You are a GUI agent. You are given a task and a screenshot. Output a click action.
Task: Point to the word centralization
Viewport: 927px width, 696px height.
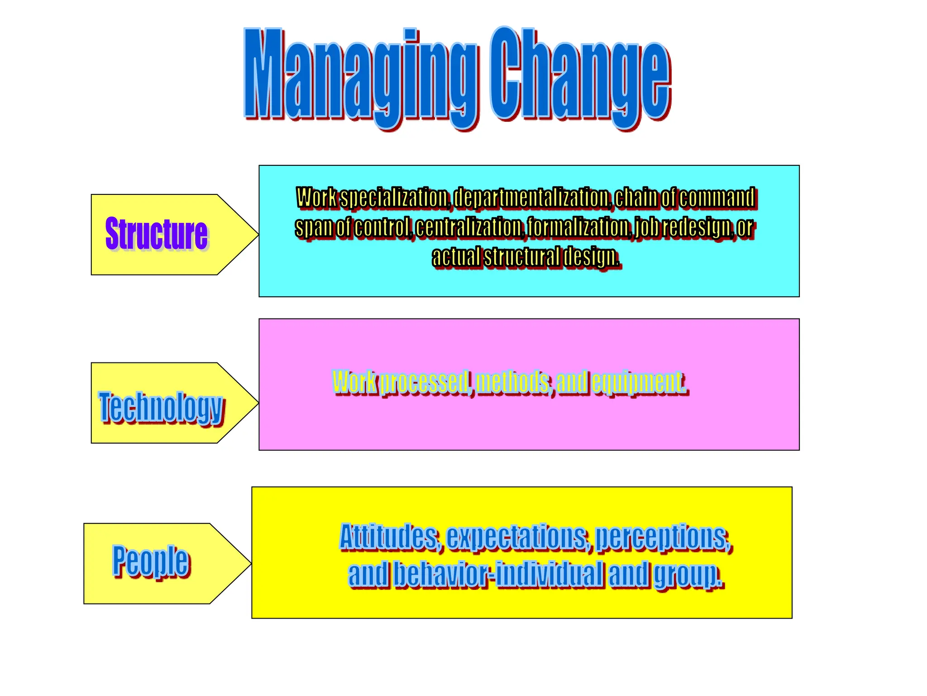point(468,227)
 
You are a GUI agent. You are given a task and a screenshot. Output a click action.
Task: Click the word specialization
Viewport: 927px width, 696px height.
point(394,198)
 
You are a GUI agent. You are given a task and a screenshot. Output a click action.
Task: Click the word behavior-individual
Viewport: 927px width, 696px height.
point(498,574)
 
